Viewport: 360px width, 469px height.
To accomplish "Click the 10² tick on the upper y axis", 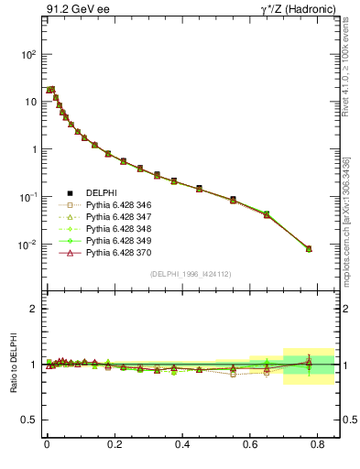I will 28,54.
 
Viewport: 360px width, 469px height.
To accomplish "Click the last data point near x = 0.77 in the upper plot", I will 309,248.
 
